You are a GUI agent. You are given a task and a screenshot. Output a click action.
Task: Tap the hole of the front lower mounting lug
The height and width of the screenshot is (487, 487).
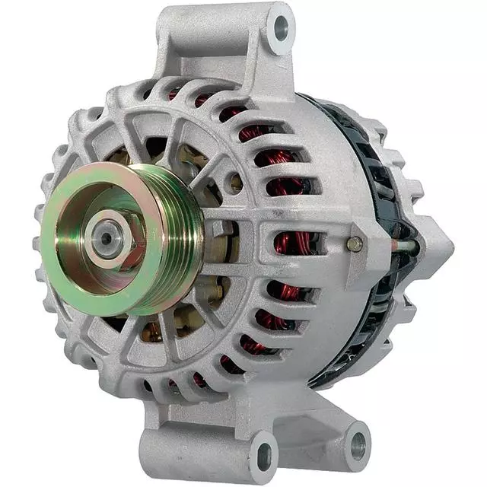[x=262, y=455]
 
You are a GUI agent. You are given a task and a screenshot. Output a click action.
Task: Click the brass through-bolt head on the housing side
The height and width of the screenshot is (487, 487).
[x=354, y=244]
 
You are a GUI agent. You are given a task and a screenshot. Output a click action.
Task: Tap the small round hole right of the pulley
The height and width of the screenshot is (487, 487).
[x=236, y=183]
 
